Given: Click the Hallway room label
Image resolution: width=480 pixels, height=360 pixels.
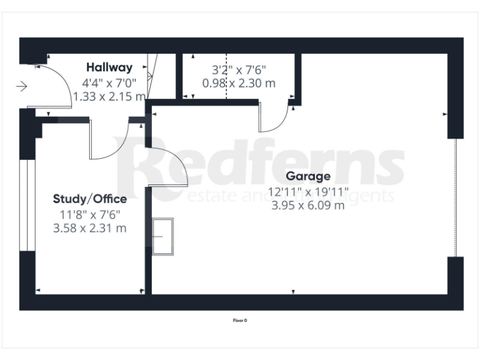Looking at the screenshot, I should (x=109, y=67).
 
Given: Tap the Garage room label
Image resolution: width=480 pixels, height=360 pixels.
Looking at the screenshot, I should (x=308, y=176).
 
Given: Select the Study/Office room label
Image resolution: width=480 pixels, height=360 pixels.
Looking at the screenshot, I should (x=90, y=199).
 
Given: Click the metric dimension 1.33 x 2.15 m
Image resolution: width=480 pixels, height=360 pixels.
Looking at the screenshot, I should (x=110, y=96).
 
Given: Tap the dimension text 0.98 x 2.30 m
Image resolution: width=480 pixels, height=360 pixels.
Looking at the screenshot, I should (x=239, y=82).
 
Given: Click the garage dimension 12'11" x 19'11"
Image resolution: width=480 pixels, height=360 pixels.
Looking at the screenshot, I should (x=308, y=191).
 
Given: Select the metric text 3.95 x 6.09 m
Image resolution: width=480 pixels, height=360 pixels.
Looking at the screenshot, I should (x=308, y=205).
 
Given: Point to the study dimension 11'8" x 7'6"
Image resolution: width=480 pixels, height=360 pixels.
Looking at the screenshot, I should (x=90, y=214).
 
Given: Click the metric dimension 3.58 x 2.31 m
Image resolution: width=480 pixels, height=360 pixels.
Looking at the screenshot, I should (x=90, y=228).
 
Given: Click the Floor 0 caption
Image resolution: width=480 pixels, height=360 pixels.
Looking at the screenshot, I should (x=240, y=321).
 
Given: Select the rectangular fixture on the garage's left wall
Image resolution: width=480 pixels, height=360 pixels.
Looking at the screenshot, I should (x=162, y=236).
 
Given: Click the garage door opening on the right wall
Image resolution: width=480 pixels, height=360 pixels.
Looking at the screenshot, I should (x=456, y=197).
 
